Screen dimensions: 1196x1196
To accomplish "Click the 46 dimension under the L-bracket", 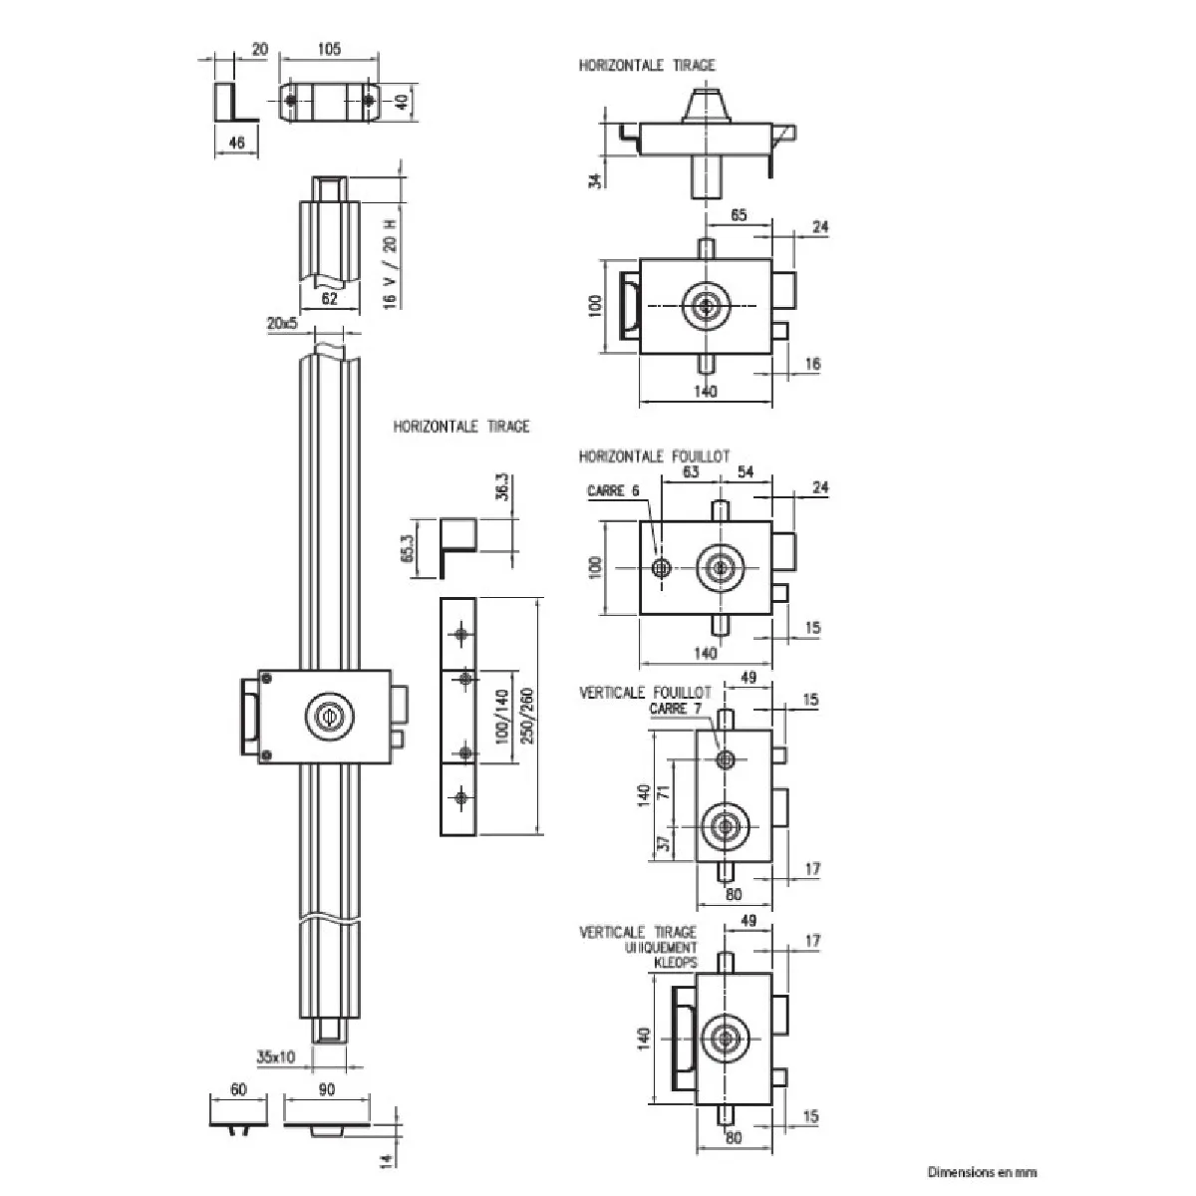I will pos(236,143).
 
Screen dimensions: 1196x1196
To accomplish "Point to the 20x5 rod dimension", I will pos(282,324).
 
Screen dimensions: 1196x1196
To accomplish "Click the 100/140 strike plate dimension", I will pos(501,719).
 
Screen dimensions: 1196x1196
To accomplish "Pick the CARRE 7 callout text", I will pos(682,709).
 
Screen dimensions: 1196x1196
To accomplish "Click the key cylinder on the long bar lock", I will pos(326,715).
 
